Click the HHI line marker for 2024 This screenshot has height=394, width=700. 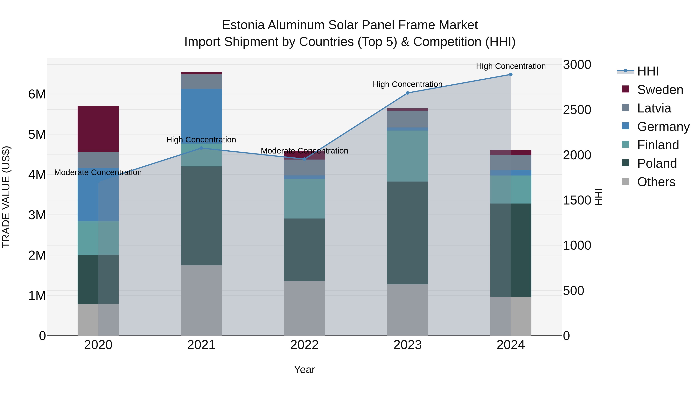click(x=511, y=75)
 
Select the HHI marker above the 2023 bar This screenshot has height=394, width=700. click(x=407, y=93)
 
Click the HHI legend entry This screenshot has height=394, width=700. click(x=648, y=71)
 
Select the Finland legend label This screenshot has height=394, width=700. click(x=658, y=145)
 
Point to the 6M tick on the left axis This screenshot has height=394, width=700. click(x=37, y=94)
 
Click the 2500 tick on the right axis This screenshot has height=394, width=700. click(x=577, y=110)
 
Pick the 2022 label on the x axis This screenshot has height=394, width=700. click(x=304, y=345)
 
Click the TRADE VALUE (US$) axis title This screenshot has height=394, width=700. click(x=6, y=197)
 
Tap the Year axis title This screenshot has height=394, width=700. click(x=304, y=369)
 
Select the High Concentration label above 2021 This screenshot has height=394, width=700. click(x=201, y=140)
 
